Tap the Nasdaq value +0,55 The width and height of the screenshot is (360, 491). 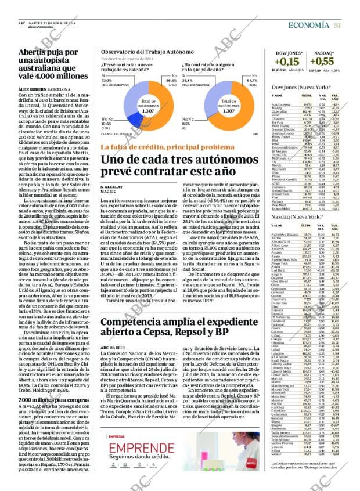pyautogui.click(x=326, y=61)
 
